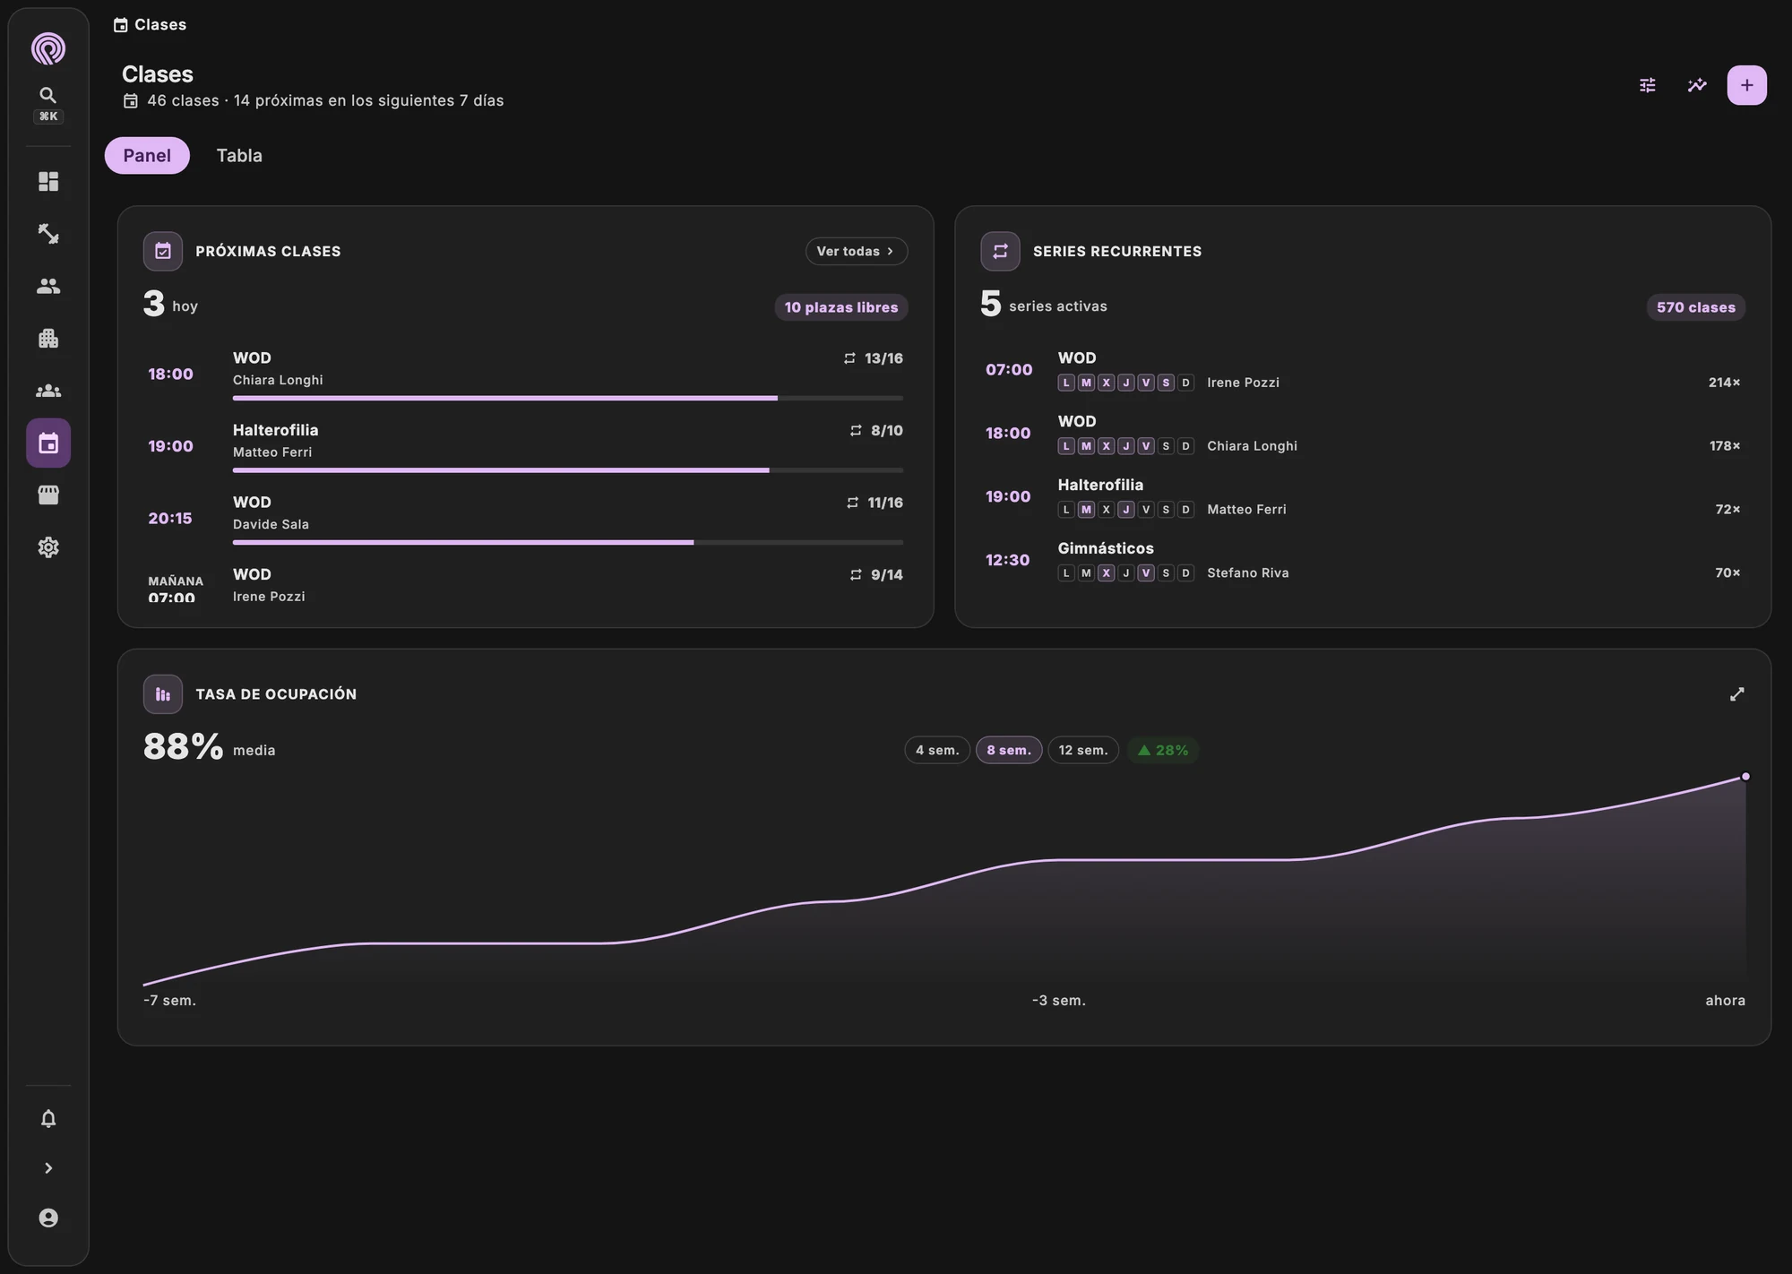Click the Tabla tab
pos(239,155)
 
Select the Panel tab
pos(147,155)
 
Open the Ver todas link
pos(856,251)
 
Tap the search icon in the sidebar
pos(48,95)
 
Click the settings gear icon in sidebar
pos(48,547)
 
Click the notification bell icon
pos(48,1118)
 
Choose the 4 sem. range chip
pos(937,750)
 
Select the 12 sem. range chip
pos(1083,750)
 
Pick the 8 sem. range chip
pos(1009,750)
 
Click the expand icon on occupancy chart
pos(1736,694)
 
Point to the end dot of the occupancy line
pos(1745,777)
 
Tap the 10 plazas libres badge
pos(841,307)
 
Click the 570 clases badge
pos(1696,307)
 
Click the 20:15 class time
pos(170,518)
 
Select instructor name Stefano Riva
pos(1248,572)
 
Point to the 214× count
pos(1724,383)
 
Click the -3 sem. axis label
pos(1059,1000)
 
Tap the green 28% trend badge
pos(1163,750)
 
